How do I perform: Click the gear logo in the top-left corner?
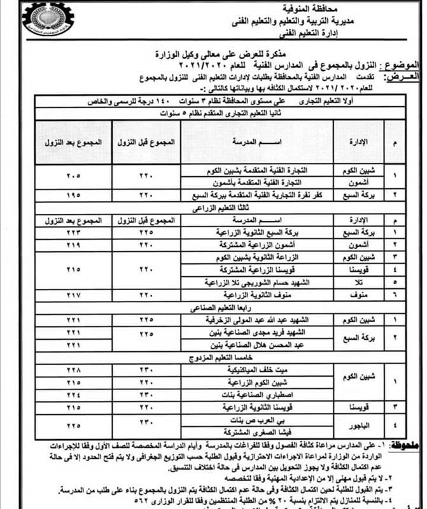click(47, 19)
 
